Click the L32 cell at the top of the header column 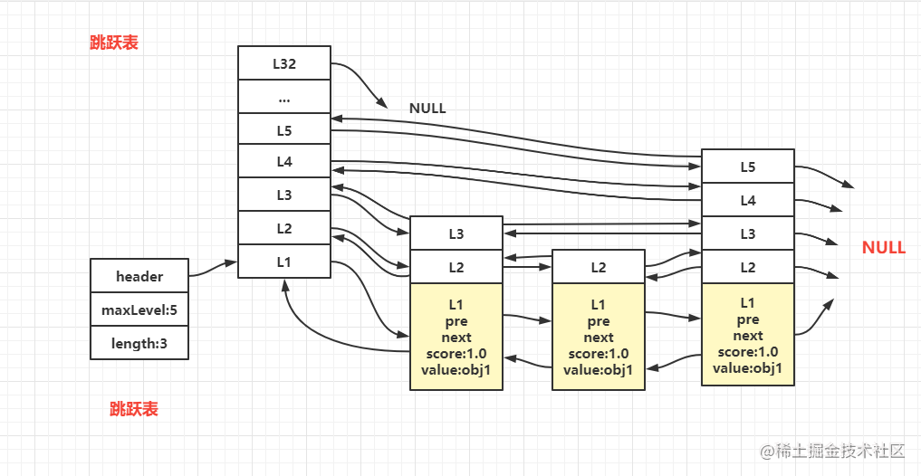284,64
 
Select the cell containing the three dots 284,97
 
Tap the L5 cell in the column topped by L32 284,129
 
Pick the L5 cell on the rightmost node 747,167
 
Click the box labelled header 139,276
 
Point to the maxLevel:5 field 139,309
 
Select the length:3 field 139,343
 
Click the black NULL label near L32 427,108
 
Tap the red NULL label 883,248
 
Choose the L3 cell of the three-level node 456,233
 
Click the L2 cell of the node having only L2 598,267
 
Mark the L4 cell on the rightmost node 747,200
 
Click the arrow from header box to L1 214,268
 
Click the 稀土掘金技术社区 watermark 833,450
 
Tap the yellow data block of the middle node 598,336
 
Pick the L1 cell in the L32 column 284,261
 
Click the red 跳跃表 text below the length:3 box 134,409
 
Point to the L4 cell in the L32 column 284,162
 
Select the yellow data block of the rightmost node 747,334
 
